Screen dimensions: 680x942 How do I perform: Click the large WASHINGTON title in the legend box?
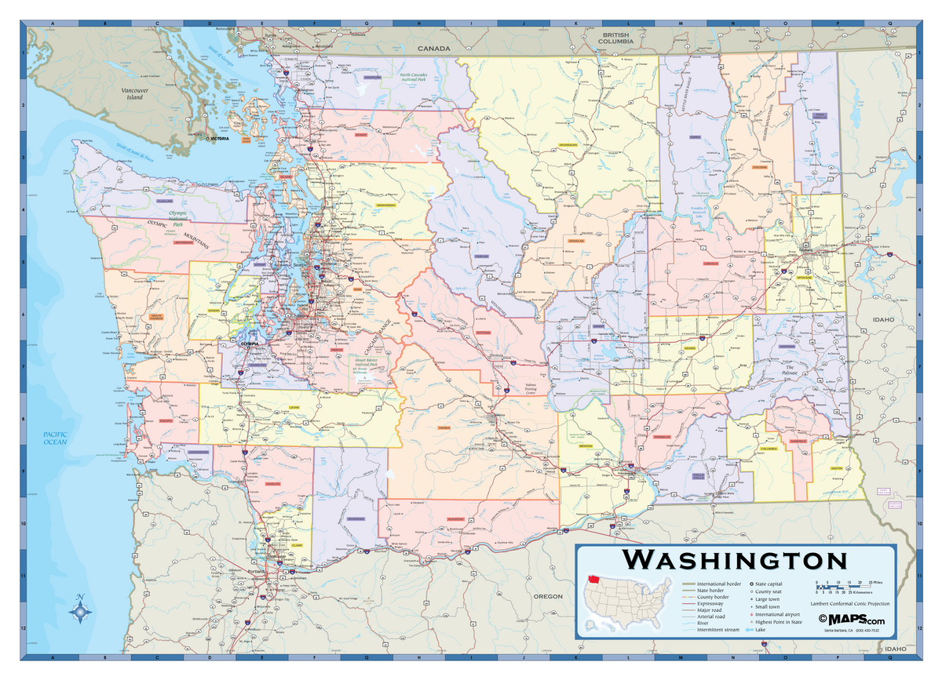click(x=736, y=560)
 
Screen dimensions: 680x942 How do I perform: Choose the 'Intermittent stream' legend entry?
click(x=716, y=630)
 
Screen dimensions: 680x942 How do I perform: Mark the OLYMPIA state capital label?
click(x=249, y=343)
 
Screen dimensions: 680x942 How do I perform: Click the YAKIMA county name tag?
click(x=444, y=427)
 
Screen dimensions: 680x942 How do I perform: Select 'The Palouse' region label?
click(x=790, y=370)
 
